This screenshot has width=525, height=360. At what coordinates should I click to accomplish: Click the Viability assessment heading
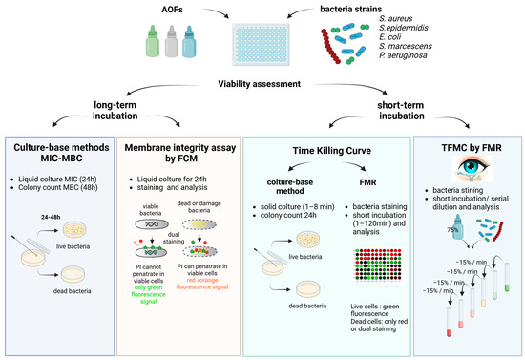point(262,83)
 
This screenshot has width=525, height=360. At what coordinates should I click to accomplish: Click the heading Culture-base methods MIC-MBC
point(65,154)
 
